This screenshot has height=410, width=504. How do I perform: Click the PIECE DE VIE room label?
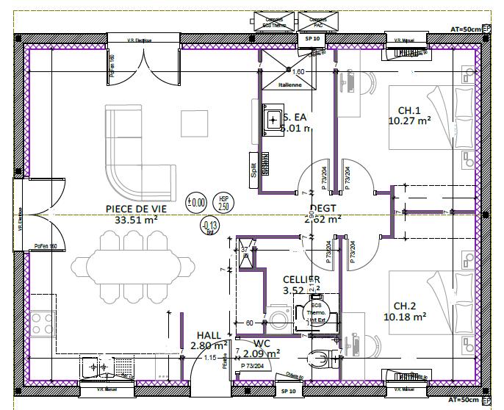coord(136,209)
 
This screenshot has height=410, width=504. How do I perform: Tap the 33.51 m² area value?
coord(136,219)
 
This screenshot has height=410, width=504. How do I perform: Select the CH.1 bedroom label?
coord(408,110)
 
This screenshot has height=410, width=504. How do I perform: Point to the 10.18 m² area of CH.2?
coord(406,317)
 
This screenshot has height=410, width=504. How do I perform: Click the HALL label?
coord(209,335)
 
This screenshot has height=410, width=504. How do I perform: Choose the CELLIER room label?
coord(301,279)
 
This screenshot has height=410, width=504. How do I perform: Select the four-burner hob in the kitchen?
coord(42,320)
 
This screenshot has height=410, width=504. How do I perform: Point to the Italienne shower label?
coord(289,85)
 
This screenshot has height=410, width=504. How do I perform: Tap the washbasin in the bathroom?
coord(276,118)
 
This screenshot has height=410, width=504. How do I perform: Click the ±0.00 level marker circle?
coord(195,201)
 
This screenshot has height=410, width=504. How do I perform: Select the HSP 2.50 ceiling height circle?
coord(223,202)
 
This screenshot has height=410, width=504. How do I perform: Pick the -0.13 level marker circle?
coord(209,226)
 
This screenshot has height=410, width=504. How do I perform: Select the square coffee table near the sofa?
coord(195,123)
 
